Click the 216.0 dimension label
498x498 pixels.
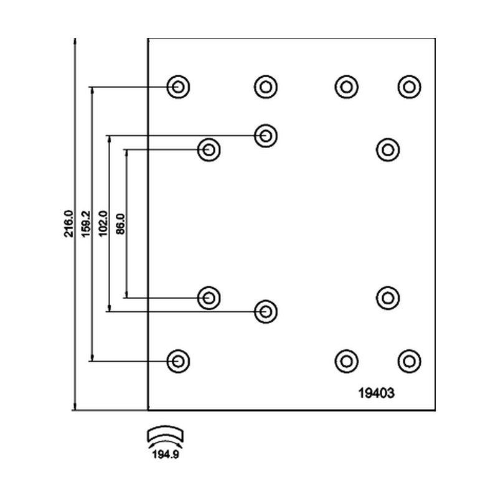coord(68,223)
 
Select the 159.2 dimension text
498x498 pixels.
coord(86,223)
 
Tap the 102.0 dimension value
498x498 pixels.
coord(103,223)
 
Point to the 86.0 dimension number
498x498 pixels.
coord(120,224)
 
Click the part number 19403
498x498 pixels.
coord(377,393)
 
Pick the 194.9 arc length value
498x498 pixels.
coord(166,454)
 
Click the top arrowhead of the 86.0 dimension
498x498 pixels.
coord(127,152)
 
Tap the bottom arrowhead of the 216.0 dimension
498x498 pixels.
coord(75,408)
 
